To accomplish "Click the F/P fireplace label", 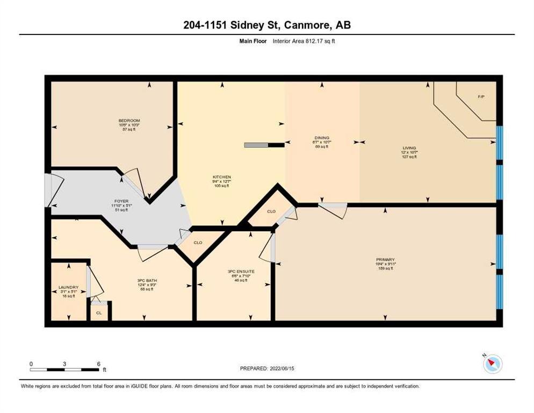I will click(x=481, y=96).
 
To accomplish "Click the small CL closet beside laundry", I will click(x=99, y=312).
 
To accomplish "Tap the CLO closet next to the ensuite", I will click(x=198, y=243).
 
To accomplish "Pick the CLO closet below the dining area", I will click(x=271, y=212).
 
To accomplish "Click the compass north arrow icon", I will click(x=492, y=365).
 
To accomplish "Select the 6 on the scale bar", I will click(x=98, y=364).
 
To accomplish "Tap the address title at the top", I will click(x=266, y=25).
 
